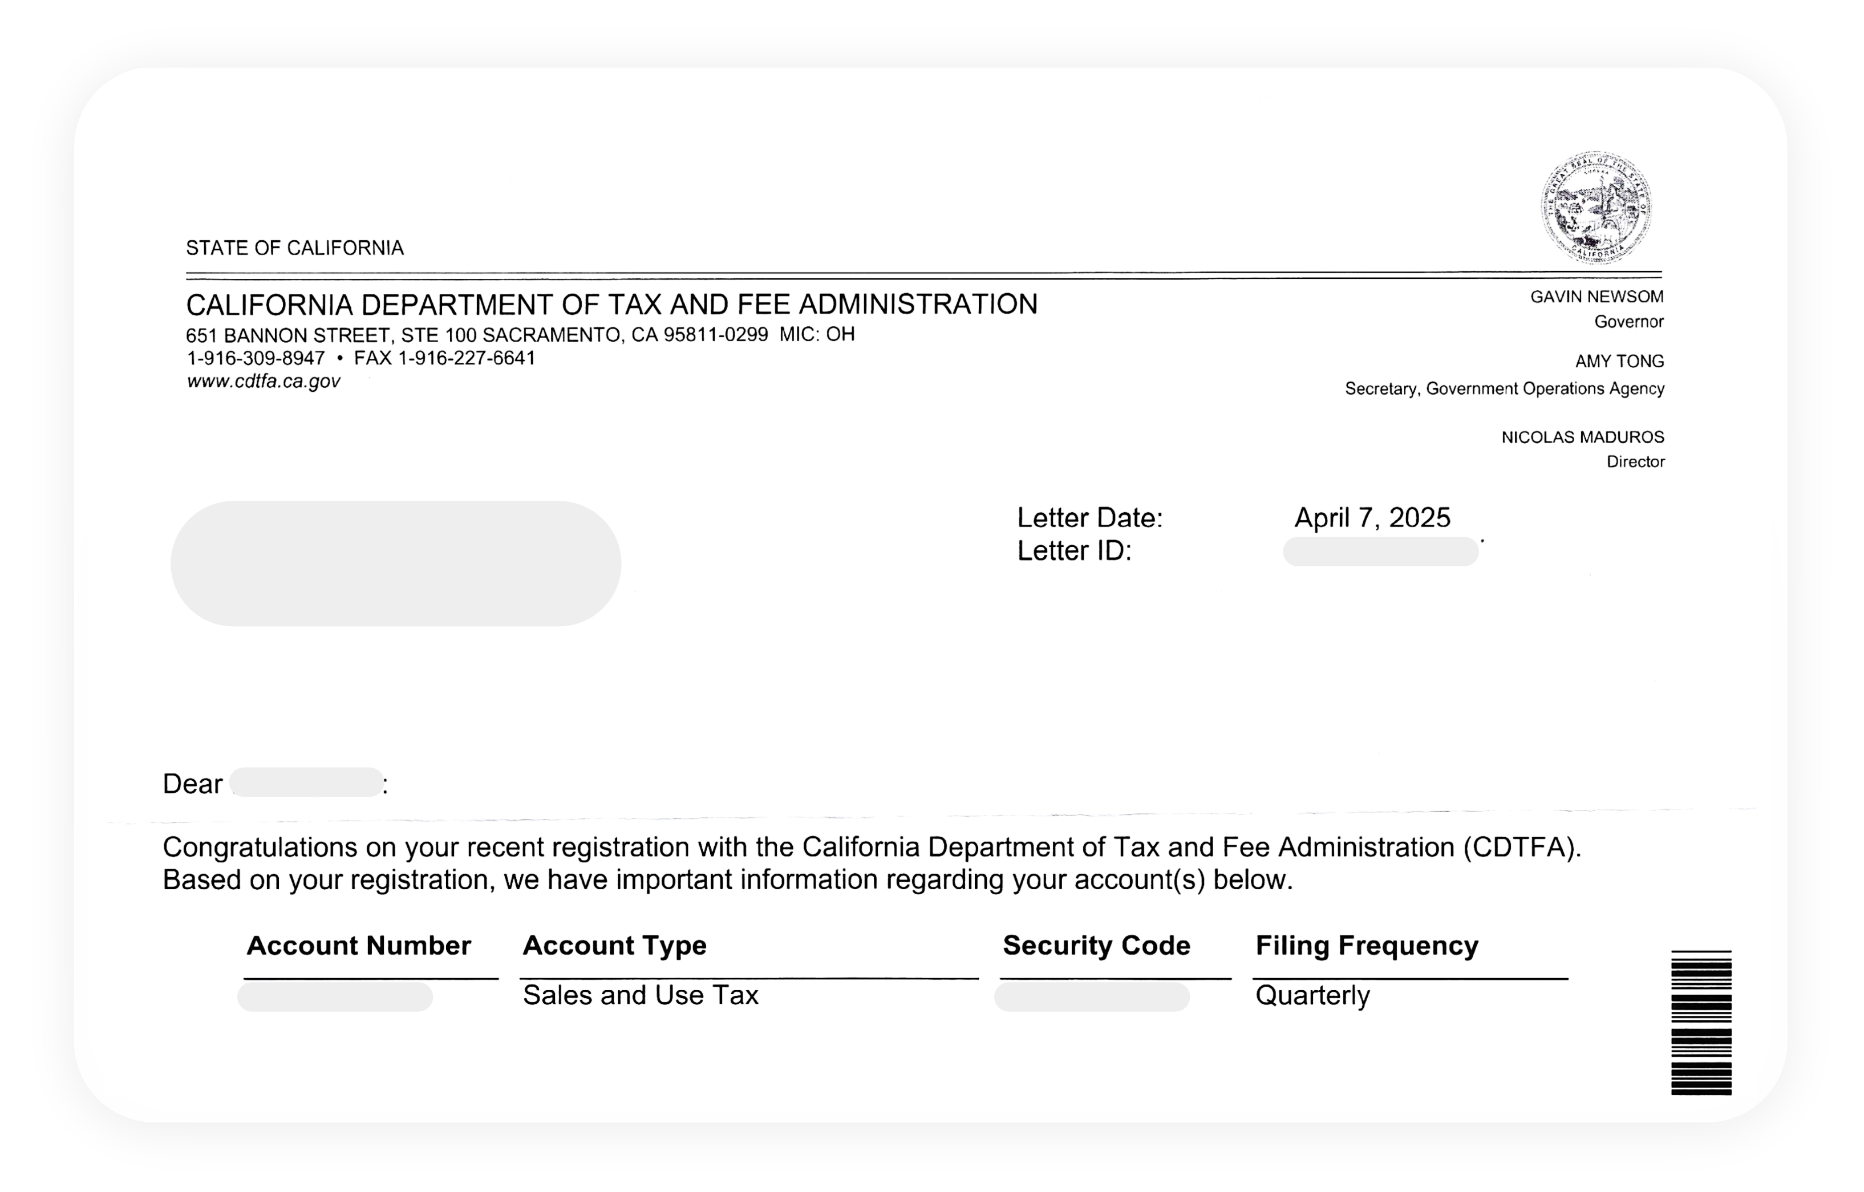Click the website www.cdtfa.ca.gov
pyautogui.click(x=263, y=381)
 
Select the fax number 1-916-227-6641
pyautogui.click(x=466, y=358)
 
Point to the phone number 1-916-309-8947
pyautogui.click(x=256, y=358)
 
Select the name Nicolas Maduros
pyautogui.click(x=1582, y=437)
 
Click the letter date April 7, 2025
pyautogui.click(x=1372, y=518)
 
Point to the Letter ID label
pyautogui.click(x=1073, y=551)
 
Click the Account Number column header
pyautogui.click(x=358, y=945)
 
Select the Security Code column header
pyautogui.click(x=1096, y=945)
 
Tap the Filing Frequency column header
pyautogui.click(x=1366, y=945)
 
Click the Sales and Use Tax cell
pyautogui.click(x=640, y=995)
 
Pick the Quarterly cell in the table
pyautogui.click(x=1312, y=995)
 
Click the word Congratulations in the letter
pyautogui.click(x=260, y=848)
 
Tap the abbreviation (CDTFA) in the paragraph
pyautogui.click(x=1520, y=848)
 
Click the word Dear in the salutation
pyautogui.click(x=192, y=784)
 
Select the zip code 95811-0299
pyautogui.click(x=715, y=335)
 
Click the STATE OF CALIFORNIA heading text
pyautogui.click(x=294, y=249)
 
